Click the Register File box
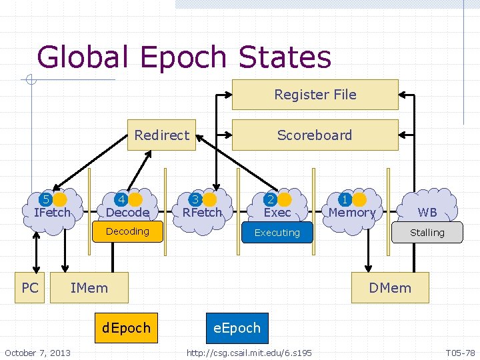(315, 95)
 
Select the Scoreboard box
(315, 135)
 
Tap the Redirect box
(161, 135)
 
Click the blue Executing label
(277, 233)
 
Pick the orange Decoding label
(128, 231)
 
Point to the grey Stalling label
(427, 233)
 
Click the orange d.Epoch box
(127, 328)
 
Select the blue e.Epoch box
(237, 328)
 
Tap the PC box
(30, 287)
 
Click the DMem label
(390, 288)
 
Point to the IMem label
(89, 287)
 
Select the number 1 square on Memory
(345, 199)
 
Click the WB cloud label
(427, 212)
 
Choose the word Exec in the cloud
(277, 212)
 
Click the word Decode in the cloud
(127, 212)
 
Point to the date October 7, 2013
(37, 352)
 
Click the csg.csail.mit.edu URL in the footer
(249, 352)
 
